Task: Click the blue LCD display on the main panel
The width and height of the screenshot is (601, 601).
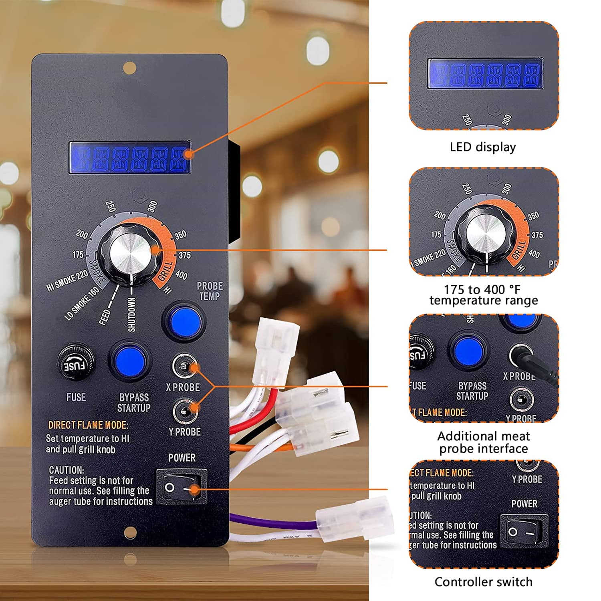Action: click(x=129, y=157)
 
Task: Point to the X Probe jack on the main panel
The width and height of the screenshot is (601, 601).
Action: click(x=184, y=366)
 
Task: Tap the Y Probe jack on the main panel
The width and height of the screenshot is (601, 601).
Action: click(x=184, y=410)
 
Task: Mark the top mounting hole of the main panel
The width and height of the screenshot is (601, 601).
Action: click(x=129, y=67)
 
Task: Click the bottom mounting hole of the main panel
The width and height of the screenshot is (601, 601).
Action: click(x=129, y=532)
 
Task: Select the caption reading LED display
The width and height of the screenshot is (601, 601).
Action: click(x=483, y=147)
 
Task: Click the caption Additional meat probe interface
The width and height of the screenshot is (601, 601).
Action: click(x=483, y=442)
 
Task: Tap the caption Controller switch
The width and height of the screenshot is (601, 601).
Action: click(x=483, y=581)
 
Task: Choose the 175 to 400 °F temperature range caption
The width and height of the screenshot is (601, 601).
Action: click(x=483, y=295)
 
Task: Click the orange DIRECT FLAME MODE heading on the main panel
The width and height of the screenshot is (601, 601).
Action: click(x=88, y=425)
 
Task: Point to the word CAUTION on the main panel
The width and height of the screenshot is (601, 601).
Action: click(x=67, y=470)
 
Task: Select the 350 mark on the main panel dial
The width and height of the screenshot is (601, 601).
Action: click(x=181, y=235)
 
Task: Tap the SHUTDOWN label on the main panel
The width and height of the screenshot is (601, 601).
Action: click(x=131, y=315)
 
